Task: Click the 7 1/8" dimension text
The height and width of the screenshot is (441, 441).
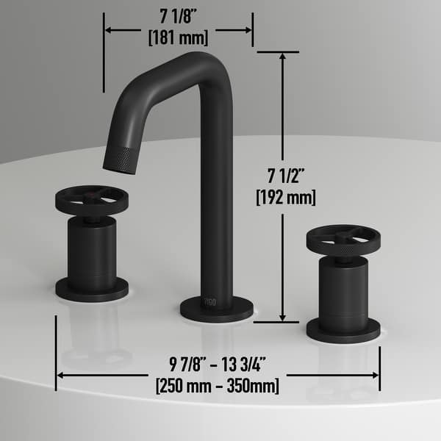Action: coord(179,15)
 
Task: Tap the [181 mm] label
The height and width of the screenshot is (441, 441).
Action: coord(179,36)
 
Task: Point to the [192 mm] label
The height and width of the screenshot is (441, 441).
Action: coord(285,197)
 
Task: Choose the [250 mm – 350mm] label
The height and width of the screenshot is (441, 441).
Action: coord(218,384)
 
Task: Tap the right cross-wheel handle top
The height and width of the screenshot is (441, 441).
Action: coord(343,238)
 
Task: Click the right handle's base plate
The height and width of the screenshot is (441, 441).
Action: coord(343,330)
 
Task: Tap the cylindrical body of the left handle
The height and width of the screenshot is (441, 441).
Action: coord(92,250)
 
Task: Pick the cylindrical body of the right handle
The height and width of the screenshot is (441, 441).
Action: coord(343,290)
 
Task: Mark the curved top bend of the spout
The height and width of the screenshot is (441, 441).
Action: coord(209,62)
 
